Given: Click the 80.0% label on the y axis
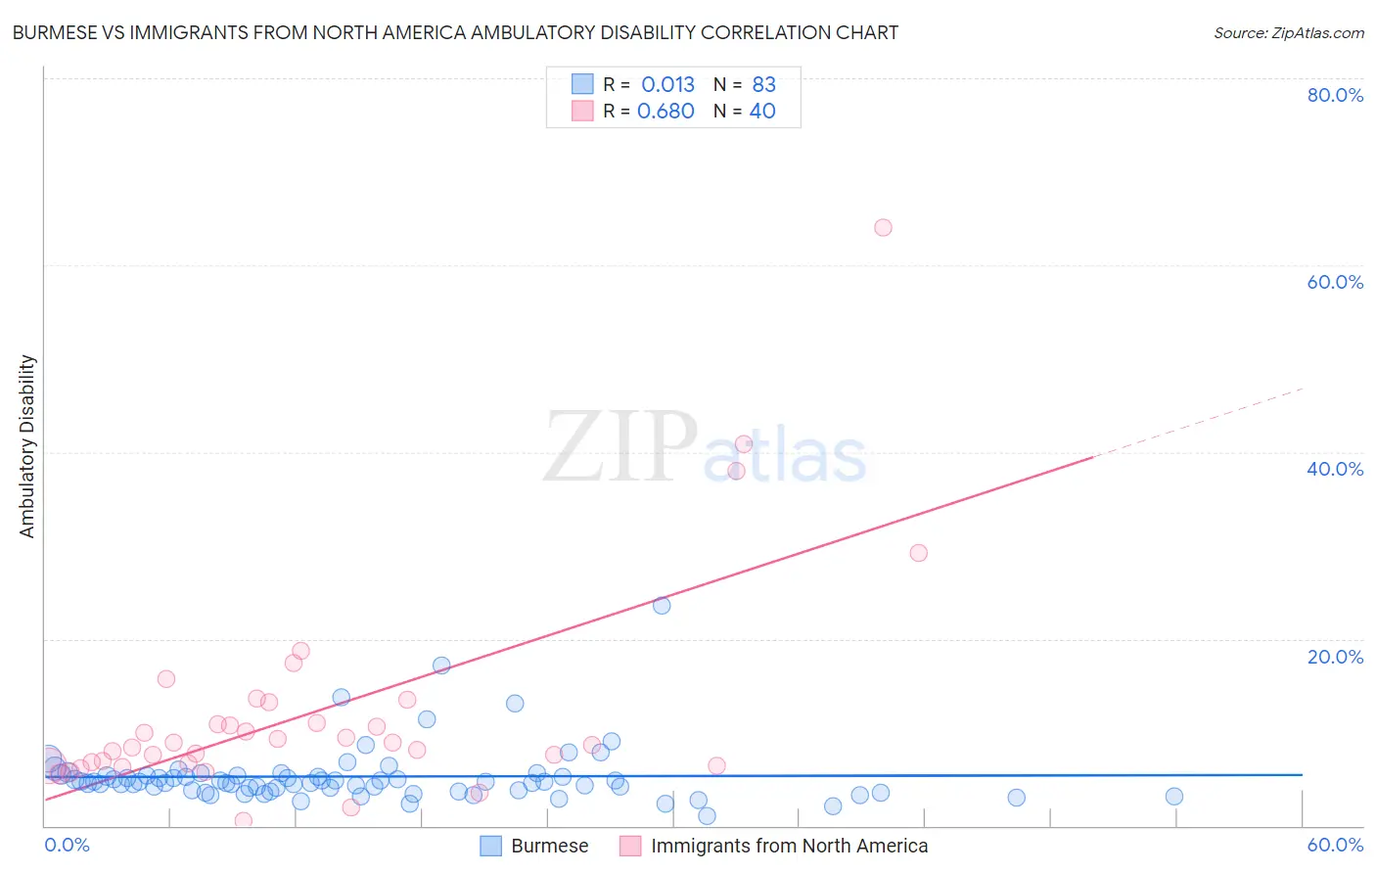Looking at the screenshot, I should tap(1335, 95).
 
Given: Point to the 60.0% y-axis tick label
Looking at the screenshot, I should tap(1335, 282).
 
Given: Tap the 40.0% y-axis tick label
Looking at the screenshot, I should tap(1335, 469).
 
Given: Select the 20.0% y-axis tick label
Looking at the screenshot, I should tap(1335, 657).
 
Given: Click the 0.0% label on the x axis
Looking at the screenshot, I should tap(67, 845).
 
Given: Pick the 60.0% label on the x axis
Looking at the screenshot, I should tap(1335, 845).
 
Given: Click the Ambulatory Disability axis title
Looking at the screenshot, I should tap(27, 445).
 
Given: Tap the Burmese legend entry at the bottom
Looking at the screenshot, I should tap(549, 846).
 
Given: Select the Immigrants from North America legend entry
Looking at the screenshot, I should tap(789, 846).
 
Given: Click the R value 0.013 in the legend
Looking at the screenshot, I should tap(667, 85).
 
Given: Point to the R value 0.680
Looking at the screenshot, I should tap(665, 112).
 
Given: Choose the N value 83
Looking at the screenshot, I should tap(763, 85).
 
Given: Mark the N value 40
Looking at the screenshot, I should tap(762, 112).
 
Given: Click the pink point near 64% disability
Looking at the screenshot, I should tap(883, 228).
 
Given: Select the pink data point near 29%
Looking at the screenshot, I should tap(918, 553).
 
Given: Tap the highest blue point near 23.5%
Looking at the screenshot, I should tap(662, 606).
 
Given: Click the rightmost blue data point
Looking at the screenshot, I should tap(1174, 797).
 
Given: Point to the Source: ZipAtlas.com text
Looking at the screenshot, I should tap(1288, 33).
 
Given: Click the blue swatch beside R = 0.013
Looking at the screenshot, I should tap(582, 85).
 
